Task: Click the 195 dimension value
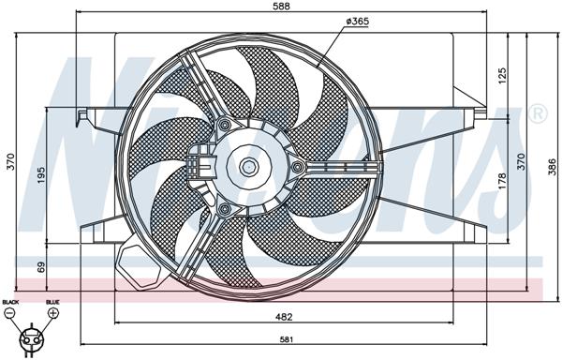[x=41, y=175]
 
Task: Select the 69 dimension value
[x=41, y=267]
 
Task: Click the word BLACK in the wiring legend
[x=10, y=302]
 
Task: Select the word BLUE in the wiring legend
[x=52, y=302]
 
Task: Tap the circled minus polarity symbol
[x=11, y=313]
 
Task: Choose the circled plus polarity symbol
[x=52, y=313]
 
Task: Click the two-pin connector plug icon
[x=31, y=334]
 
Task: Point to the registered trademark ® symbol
[x=538, y=114]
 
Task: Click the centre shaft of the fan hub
[x=248, y=168]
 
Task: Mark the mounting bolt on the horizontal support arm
[x=298, y=168]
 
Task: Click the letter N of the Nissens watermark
[x=84, y=141]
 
